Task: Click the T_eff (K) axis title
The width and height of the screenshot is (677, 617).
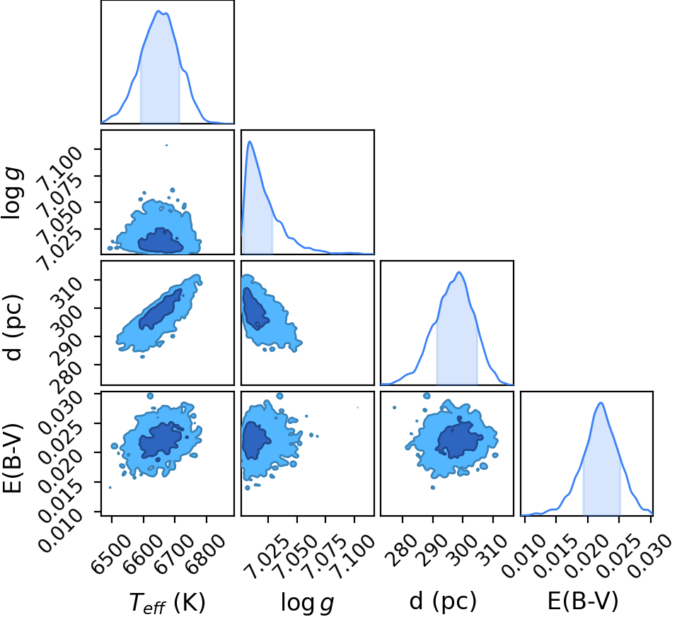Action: pyautogui.click(x=167, y=602)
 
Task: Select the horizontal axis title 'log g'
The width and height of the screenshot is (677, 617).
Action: pyautogui.click(x=307, y=602)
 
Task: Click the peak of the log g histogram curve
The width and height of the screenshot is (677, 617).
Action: pyautogui.click(x=250, y=141)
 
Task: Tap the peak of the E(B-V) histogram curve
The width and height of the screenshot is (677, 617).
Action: pyautogui.click(x=601, y=403)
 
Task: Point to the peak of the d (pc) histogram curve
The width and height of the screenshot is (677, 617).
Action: pyautogui.click(x=459, y=272)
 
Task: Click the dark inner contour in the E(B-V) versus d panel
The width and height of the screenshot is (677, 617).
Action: pyautogui.click(x=459, y=440)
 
